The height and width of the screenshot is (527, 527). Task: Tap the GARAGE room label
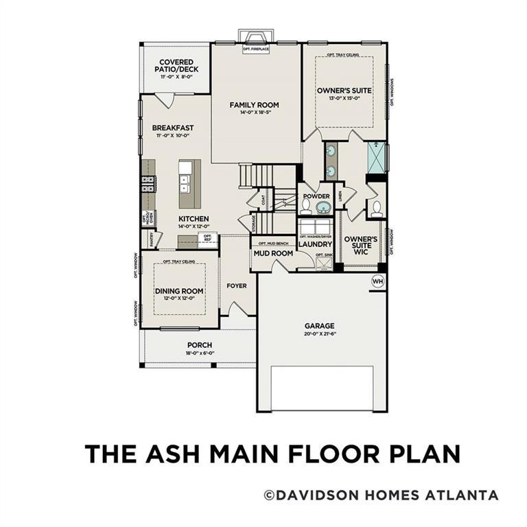[320, 326]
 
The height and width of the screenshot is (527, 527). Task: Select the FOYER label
[237, 285]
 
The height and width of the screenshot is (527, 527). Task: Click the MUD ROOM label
[273, 253]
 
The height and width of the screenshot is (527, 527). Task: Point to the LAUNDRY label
[316, 244]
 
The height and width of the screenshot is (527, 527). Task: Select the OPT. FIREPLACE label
[255, 49]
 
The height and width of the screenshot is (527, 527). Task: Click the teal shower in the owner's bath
[375, 157]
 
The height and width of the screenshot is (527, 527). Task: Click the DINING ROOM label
[178, 291]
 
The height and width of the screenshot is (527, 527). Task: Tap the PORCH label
[200, 345]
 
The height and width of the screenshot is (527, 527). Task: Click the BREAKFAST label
[173, 128]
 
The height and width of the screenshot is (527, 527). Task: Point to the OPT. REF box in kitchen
[207, 238]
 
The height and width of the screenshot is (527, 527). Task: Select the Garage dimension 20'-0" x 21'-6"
[320, 334]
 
